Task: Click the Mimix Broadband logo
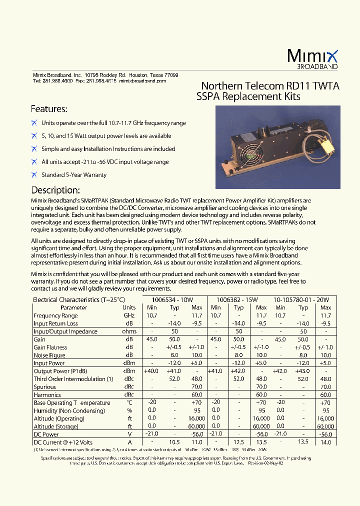pos(313,59)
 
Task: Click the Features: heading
pos(49,109)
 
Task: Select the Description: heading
pos(55,190)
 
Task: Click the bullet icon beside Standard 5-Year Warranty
pos(34,175)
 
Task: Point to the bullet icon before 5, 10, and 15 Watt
pos(34,136)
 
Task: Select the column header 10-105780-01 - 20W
pos(298,299)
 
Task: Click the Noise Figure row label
pos(49,355)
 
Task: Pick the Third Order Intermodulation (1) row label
pos(73,379)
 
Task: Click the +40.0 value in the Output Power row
pos(151,371)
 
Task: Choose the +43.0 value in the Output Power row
pos(302,371)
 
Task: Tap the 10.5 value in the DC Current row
pos(174,442)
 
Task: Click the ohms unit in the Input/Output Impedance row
pos(129,331)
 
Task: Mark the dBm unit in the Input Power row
pos(129,363)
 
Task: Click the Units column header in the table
pos(129,307)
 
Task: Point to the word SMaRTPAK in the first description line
pos(96,201)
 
